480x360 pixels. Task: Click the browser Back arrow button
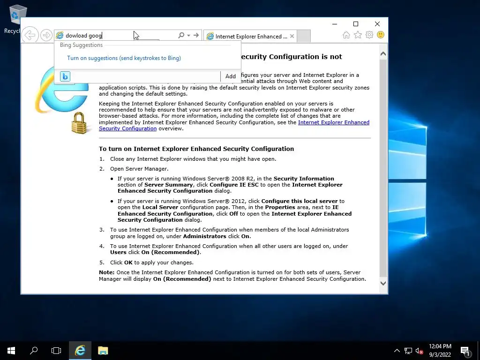point(30,35)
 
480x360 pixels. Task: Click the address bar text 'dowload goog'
point(83,36)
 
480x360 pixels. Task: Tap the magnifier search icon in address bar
point(181,36)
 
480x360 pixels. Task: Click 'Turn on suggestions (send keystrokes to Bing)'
point(124,58)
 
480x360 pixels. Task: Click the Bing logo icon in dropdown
point(65,76)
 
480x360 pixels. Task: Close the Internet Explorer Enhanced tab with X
point(292,36)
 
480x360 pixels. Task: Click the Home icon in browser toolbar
point(346,35)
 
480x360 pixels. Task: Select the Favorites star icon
point(358,35)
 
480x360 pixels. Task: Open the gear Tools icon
point(369,35)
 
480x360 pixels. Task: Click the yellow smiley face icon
point(381,35)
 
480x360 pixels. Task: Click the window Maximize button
point(356,24)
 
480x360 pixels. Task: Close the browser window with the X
point(377,24)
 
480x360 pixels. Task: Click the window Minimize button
point(334,24)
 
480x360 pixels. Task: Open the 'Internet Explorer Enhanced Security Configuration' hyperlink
point(333,122)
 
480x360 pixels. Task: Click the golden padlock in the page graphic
point(79,123)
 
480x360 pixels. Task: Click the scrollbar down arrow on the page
point(383,283)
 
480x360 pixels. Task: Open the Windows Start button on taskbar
point(11,351)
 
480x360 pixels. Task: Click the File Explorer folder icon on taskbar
point(103,351)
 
